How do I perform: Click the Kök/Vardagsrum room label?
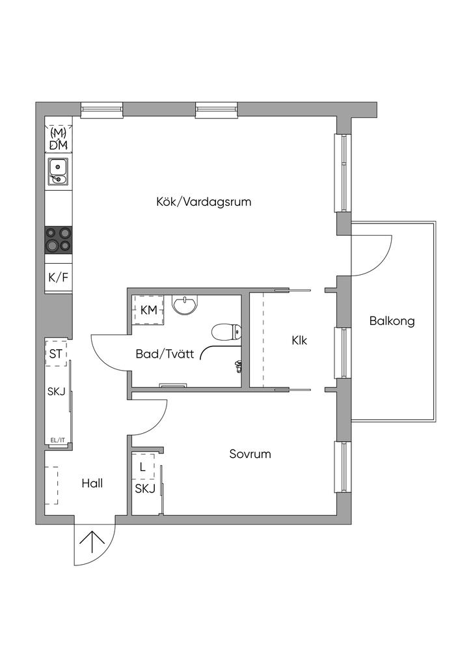204,202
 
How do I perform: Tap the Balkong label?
392,321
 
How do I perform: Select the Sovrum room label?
250,454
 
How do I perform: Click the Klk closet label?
299,340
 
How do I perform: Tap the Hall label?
92,484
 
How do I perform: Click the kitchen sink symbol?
59,171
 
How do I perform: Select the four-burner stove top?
59,239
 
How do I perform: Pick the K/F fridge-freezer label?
58,277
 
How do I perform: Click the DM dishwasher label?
59,144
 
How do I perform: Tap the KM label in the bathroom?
149,310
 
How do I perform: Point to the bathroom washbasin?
187,304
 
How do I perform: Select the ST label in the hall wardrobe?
57,355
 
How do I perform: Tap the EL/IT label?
57,440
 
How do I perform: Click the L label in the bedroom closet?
143,467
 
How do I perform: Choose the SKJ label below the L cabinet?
145,489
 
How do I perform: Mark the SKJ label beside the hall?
57,391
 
